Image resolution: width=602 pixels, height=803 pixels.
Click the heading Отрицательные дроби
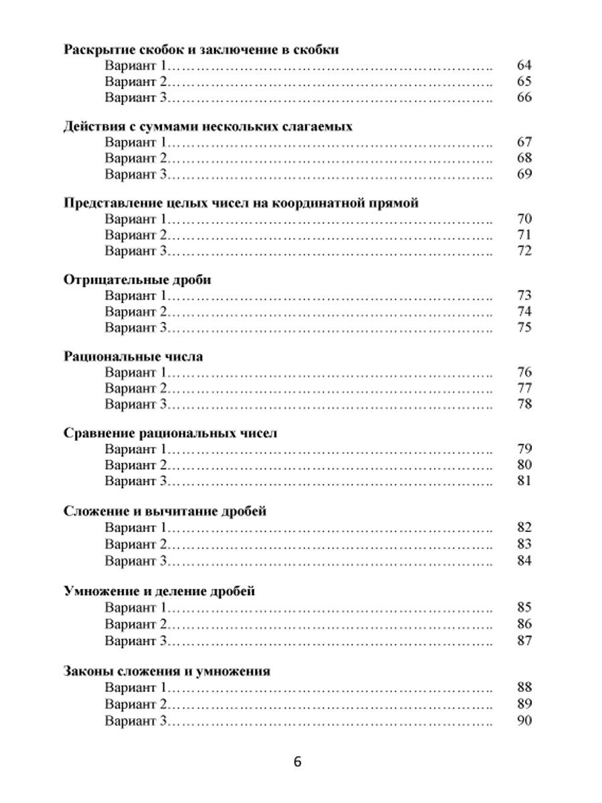click(x=137, y=280)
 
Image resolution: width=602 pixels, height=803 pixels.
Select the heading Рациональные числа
click(x=133, y=357)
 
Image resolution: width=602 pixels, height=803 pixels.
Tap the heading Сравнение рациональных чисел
click(x=170, y=434)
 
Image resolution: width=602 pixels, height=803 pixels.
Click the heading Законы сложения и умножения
click(x=167, y=671)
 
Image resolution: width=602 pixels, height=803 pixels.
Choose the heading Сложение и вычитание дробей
click(x=165, y=512)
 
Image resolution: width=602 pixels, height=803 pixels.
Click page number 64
click(x=524, y=66)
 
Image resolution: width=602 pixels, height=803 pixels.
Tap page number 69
click(x=524, y=175)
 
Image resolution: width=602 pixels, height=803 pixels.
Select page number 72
click(x=524, y=252)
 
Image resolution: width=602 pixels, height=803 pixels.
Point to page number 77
click(x=524, y=388)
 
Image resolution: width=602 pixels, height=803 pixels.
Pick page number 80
click(x=524, y=465)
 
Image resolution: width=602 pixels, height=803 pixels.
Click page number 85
click(x=524, y=608)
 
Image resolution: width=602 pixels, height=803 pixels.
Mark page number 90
click(x=524, y=721)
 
